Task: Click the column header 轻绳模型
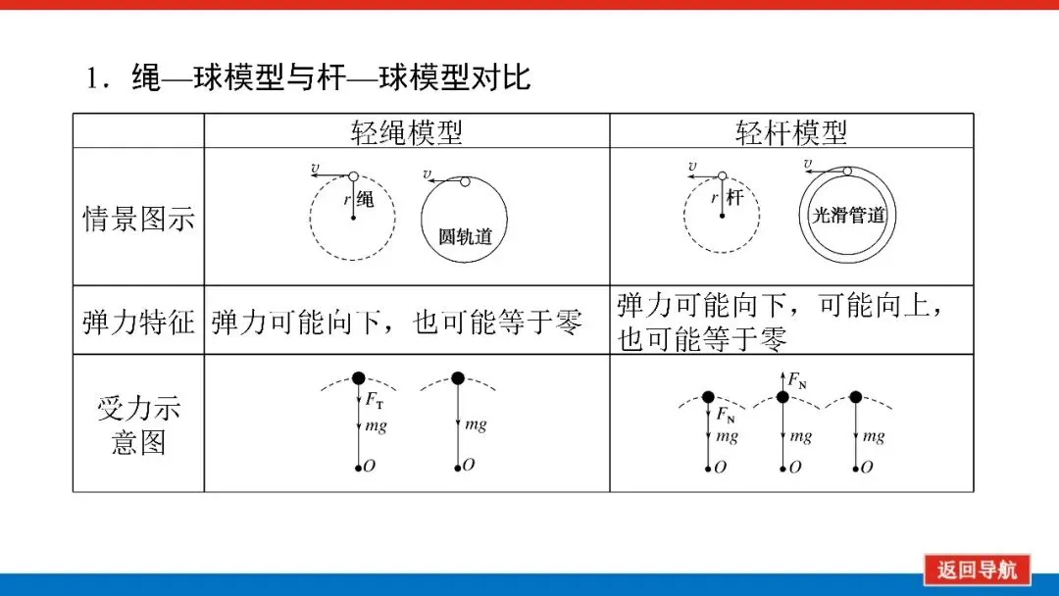coord(406,131)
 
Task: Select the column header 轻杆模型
coord(790,131)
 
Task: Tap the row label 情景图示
coord(138,218)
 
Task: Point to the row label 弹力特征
coord(138,321)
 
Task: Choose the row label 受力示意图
coord(138,424)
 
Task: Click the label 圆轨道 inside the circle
coord(465,236)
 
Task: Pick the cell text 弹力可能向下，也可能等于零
coord(396,322)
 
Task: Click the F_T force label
coord(375,400)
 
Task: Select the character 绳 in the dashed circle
coord(365,200)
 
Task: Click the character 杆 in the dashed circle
coord(735,199)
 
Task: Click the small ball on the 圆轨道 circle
coord(465,181)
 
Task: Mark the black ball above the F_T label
coord(358,378)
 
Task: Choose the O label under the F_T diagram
coord(369,467)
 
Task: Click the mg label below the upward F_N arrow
coord(800,436)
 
